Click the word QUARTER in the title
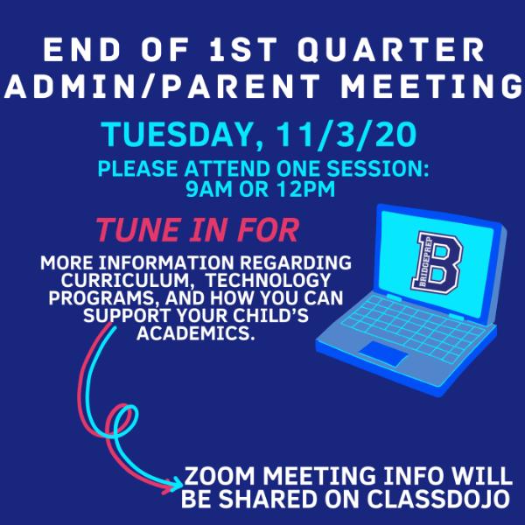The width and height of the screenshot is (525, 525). click(391, 50)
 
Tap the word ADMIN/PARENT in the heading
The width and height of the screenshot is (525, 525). click(163, 87)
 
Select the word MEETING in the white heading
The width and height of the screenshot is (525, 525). click(432, 87)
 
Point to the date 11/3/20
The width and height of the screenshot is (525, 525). click(346, 135)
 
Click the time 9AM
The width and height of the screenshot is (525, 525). click(208, 189)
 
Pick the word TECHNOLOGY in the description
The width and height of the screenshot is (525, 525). click(269, 280)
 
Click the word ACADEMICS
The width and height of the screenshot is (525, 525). click(195, 332)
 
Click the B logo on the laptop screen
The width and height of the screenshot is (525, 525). click(437, 262)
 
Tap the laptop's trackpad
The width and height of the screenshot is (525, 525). click(384, 353)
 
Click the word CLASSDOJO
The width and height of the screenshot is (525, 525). click(438, 500)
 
